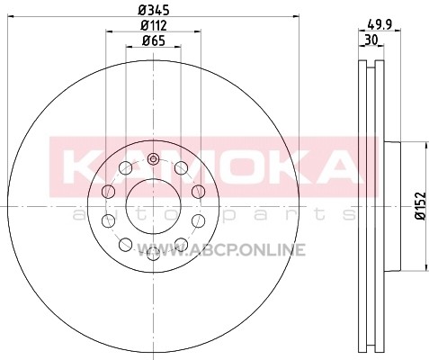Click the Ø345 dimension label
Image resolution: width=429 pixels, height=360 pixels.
(x=154, y=10)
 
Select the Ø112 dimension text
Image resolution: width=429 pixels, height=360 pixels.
(x=154, y=25)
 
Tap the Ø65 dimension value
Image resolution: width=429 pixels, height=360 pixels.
(x=154, y=40)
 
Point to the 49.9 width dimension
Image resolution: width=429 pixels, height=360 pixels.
(x=380, y=24)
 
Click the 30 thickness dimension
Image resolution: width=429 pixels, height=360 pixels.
(x=371, y=40)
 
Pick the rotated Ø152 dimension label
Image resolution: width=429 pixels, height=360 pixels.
(x=422, y=206)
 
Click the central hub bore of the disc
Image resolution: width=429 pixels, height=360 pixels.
(x=154, y=206)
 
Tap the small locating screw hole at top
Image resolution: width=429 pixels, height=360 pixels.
(x=153, y=158)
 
